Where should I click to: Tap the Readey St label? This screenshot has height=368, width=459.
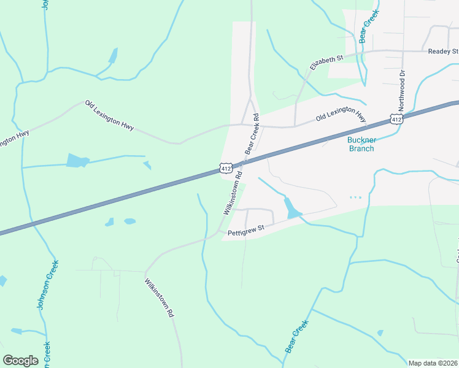pos(443,52)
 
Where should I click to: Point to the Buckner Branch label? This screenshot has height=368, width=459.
pos(357,144)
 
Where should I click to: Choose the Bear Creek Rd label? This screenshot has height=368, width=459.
pos(252,134)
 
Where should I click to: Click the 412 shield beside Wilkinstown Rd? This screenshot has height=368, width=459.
pos(225,167)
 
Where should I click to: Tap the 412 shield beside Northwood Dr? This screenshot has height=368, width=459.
pos(396,119)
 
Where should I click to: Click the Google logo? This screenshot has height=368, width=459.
pos(20,360)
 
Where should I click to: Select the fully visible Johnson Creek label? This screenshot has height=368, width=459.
pos(48,285)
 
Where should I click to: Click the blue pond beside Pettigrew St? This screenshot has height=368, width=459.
pos(292,209)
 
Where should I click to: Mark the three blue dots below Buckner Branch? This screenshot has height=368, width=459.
pos(355,197)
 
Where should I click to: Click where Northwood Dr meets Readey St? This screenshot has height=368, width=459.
pos(403,52)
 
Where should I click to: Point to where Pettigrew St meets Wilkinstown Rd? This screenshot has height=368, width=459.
pos(219,232)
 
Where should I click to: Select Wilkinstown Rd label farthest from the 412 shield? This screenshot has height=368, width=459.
pos(160,298)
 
